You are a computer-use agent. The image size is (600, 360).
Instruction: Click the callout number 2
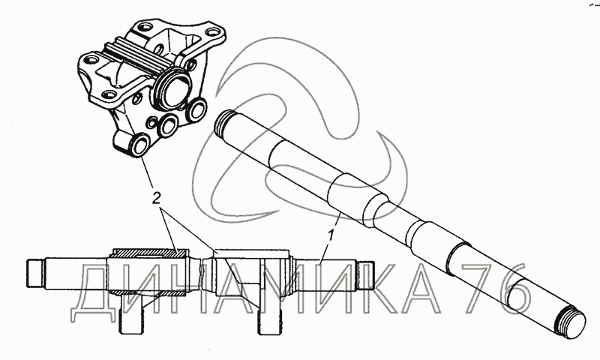coord(157,199)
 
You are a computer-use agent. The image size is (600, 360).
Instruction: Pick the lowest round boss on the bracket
coord(140,145)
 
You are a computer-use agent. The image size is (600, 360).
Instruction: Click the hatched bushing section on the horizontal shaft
coord(149,253)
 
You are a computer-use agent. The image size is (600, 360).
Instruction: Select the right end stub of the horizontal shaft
coord(366,273)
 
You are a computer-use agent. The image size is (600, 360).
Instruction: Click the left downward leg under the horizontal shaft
coord(130,313)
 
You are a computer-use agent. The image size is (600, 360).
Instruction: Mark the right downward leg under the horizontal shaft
coord(270,314)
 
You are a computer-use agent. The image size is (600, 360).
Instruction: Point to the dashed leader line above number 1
coord(337,221)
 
